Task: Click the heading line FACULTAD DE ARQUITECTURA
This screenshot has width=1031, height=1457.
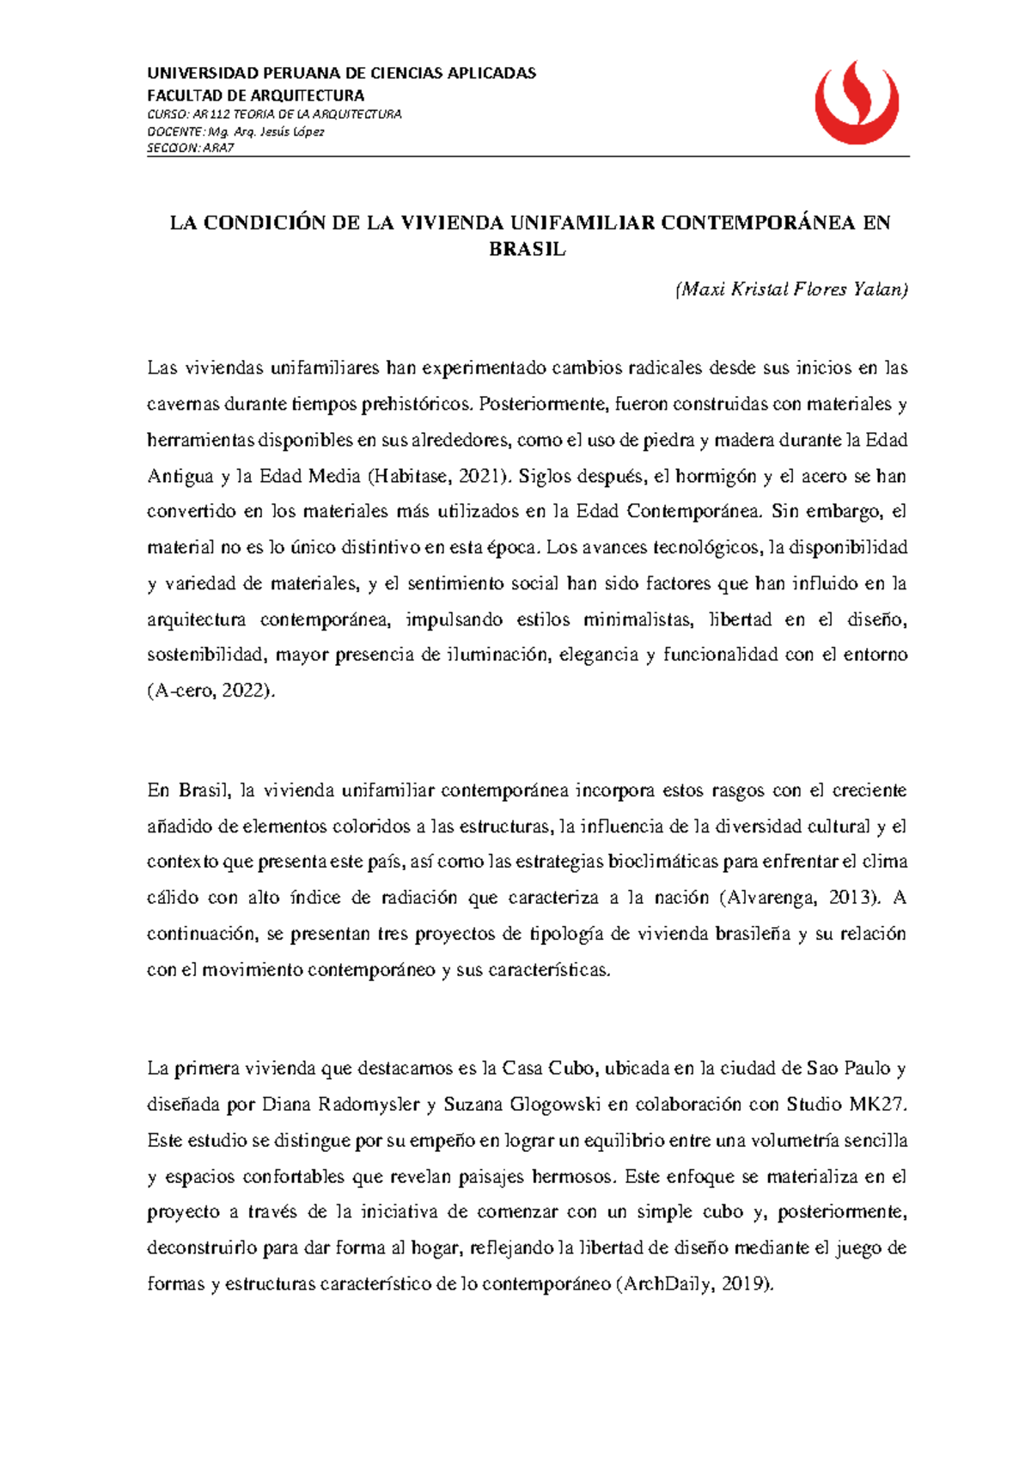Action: click(x=255, y=95)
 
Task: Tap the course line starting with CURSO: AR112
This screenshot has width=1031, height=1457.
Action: click(x=274, y=114)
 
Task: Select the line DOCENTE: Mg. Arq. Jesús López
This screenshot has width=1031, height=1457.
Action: click(x=235, y=131)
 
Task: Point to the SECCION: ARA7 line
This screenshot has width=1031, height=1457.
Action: click(x=190, y=148)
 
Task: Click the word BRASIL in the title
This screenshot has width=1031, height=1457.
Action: click(x=528, y=250)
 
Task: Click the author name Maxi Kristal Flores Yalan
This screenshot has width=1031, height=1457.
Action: click(x=790, y=290)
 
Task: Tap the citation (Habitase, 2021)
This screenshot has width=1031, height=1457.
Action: click(x=438, y=476)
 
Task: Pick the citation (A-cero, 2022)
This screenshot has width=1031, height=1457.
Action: click(x=212, y=691)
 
